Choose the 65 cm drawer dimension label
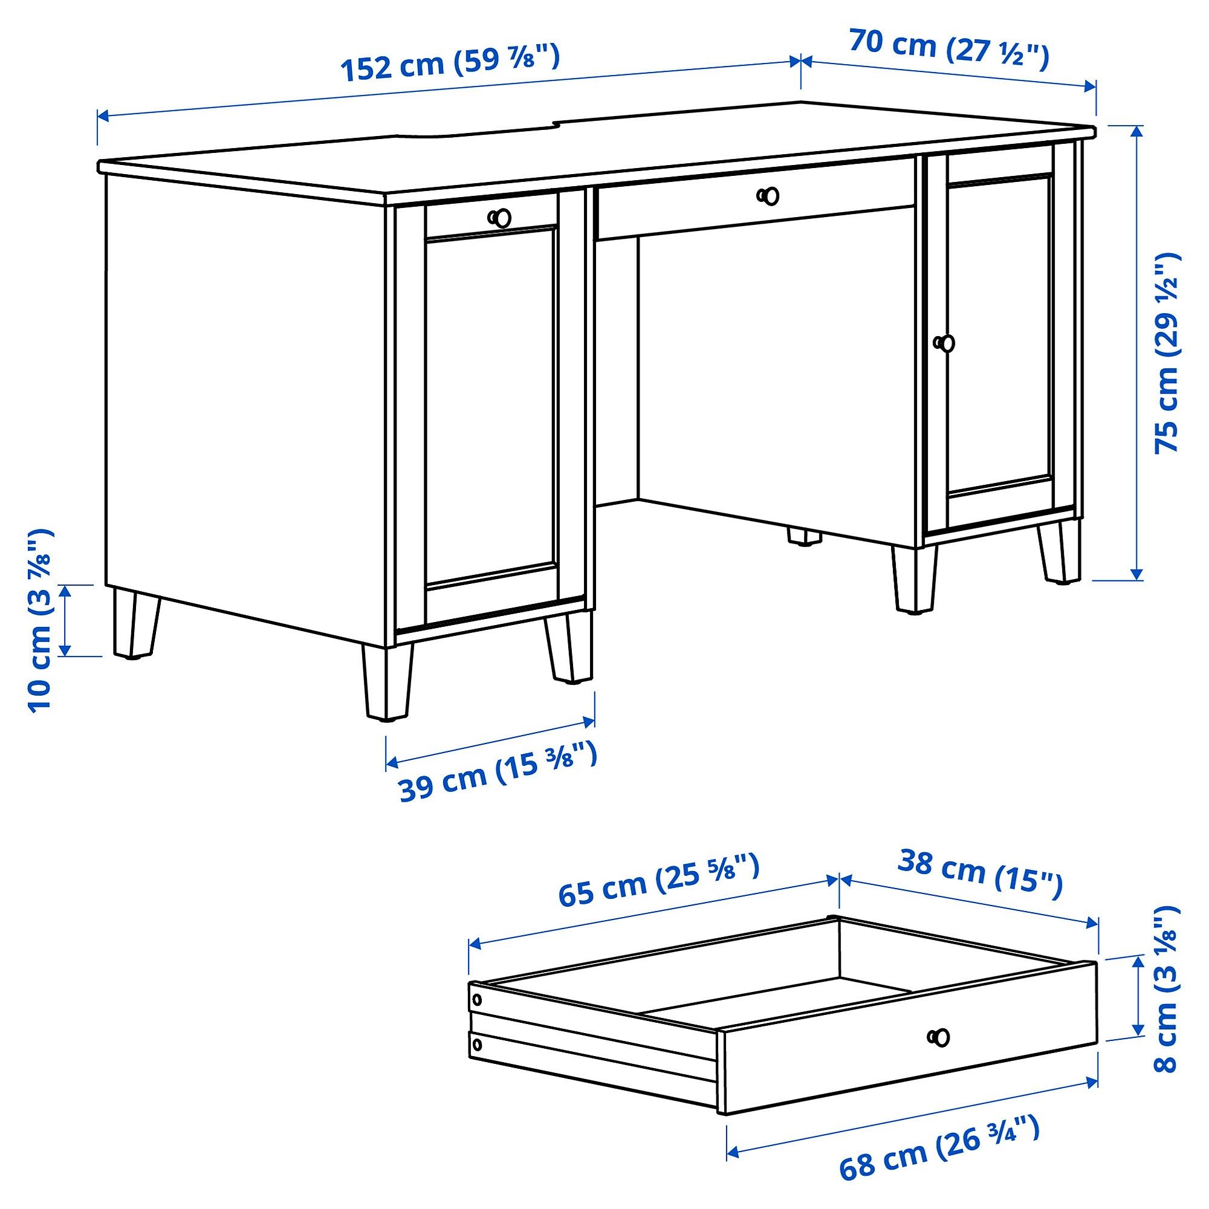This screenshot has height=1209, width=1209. pos(658,879)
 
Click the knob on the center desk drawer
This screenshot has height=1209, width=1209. pos(768,196)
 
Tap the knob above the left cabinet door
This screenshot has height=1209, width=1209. pos(499,218)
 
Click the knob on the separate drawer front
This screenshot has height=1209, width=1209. pos(939,1037)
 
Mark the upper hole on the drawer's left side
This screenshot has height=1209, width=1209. pos(477,999)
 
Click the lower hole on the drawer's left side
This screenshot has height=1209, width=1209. pos(478,1044)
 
